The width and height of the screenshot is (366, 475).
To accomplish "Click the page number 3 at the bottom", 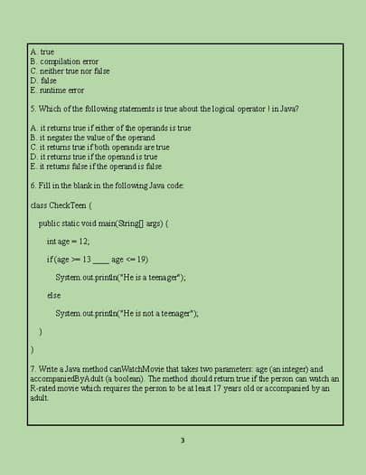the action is point(183,441).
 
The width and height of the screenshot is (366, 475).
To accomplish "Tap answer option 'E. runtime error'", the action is point(57,90).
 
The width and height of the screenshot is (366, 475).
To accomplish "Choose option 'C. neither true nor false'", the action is point(70,71).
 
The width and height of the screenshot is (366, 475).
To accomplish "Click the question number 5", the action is point(32,109).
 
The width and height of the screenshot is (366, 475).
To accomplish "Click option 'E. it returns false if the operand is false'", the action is point(95,166).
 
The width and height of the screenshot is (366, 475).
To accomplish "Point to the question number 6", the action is point(32,185).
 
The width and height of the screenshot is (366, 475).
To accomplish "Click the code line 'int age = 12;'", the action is point(68,241).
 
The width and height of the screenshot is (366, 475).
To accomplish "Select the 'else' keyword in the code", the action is point(53,295).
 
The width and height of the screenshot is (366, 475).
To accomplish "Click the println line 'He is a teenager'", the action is point(119,277).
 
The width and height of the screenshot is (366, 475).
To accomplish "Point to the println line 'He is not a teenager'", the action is point(126,313).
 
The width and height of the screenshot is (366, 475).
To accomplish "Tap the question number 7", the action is point(32,369).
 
